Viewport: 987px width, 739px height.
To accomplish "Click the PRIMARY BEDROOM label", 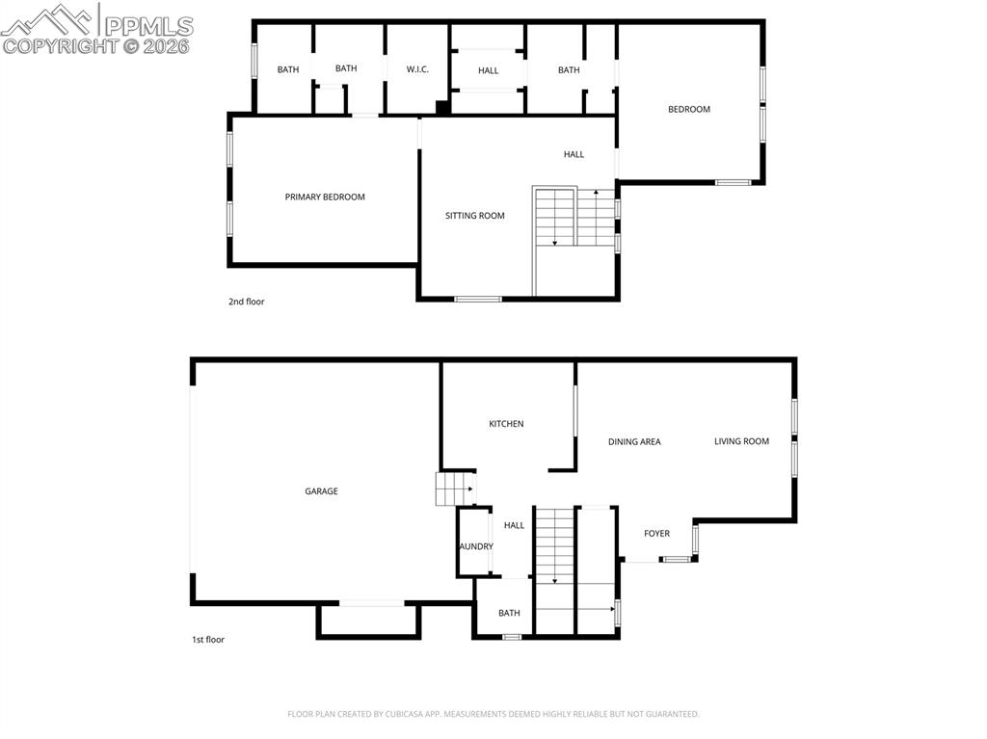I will coord(325,198).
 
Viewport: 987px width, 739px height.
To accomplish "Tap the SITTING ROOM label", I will coord(474,216).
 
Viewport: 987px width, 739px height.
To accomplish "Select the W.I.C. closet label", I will coord(417,69).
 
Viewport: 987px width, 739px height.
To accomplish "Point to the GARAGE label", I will coord(321,491).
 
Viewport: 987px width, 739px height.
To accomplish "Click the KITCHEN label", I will coord(506,424).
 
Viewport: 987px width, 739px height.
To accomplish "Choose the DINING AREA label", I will coord(634,442).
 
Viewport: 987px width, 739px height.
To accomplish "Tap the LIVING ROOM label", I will coord(741,441).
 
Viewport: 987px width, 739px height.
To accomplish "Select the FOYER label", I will coord(656,534).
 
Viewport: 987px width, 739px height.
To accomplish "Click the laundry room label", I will coord(475,546).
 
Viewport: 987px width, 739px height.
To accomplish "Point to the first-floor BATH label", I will coord(509,613).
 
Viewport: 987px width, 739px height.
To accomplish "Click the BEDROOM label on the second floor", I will coord(689,109).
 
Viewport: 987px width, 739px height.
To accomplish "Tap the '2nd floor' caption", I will coord(246,302).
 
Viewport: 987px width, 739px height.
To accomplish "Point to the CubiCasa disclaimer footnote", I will coord(493,714).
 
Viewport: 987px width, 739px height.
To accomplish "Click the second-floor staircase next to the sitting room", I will coord(575,217).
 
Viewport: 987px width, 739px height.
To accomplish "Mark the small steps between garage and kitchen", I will coord(456,489).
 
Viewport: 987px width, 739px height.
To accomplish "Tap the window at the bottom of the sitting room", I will coord(478,299).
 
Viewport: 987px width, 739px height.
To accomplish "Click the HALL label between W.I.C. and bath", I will coord(489,70).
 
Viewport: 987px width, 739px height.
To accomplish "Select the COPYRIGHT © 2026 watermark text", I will coord(96,46).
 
